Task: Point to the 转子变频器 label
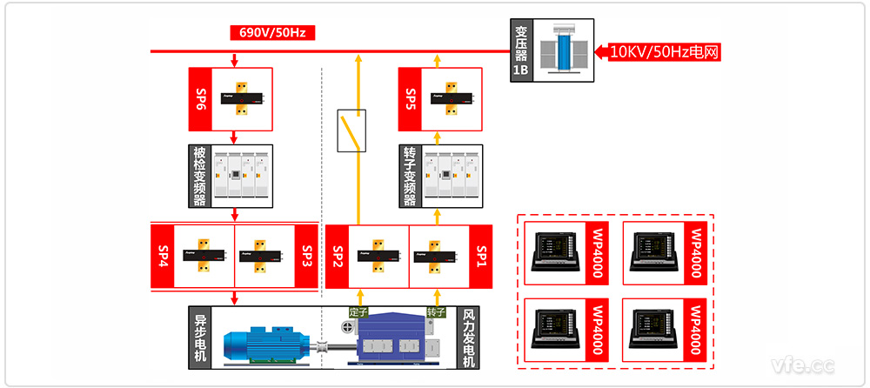[x=411, y=176]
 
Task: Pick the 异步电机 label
[x=200, y=337]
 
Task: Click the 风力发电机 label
[x=470, y=337]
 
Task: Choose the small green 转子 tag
[x=436, y=311]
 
